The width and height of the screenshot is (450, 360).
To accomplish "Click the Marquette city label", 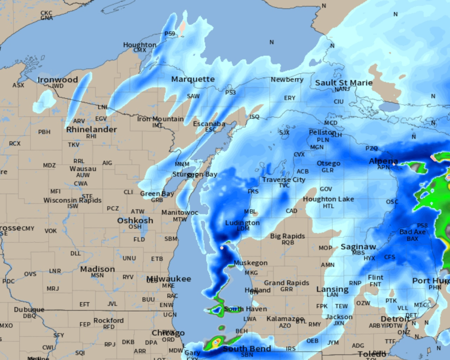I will tap(193, 79).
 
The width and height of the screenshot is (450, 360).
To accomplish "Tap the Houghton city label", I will tap(140, 45).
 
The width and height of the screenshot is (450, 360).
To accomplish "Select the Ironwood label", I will tap(58, 80).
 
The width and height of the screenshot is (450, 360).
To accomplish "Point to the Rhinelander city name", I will tap(91, 129).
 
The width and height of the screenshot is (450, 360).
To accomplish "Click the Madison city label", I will tap(97, 269).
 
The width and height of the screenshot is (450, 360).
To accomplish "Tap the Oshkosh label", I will tap(135, 220).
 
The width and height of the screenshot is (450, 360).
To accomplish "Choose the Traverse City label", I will tap(284, 180).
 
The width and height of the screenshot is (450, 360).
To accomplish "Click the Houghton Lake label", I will tap(328, 199).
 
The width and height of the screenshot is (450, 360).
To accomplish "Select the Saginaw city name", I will tap(358, 247).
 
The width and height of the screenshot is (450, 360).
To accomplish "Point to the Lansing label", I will tap(332, 289).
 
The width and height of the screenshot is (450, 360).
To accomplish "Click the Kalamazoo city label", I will tap(285, 319).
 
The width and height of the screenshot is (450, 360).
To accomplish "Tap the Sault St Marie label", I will tap(343, 83).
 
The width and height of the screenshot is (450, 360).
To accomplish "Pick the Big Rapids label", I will tap(287, 236).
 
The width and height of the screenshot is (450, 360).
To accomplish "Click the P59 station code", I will tap(170, 34).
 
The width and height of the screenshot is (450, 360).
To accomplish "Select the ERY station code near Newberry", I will tap(290, 98).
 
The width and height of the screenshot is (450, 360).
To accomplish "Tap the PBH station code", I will tap(44, 132).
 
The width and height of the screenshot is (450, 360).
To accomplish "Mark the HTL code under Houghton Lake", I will tap(328, 206).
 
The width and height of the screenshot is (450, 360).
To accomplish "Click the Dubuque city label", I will tap(29, 310).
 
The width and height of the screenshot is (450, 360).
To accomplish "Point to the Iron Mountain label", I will tap(160, 119).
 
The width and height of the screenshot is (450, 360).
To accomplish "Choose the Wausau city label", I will tap(83, 169).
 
